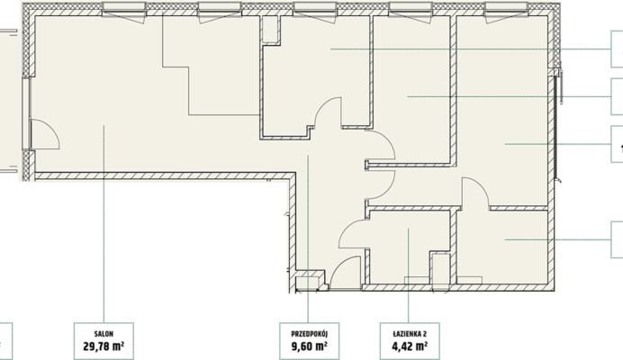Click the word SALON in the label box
tap(104, 334)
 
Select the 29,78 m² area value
tap(104, 346)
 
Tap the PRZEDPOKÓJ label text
tap(310, 334)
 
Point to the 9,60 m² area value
tap(310, 346)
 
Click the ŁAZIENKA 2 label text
tap(410, 334)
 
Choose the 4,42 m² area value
tap(410, 346)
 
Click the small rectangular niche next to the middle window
tap(270, 29)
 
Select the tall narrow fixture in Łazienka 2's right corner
tap(440, 268)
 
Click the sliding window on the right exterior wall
tap(557, 126)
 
